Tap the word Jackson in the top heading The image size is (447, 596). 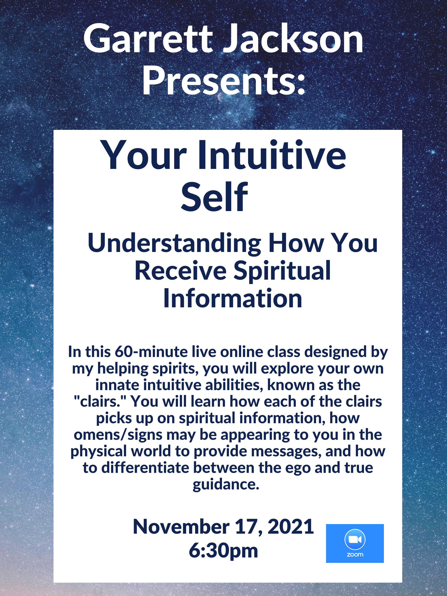pos(293,39)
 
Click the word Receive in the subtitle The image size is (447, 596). pos(181,271)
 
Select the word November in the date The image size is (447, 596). pos(181,526)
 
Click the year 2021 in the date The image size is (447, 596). pos(290,526)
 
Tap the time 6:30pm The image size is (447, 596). pos(223,551)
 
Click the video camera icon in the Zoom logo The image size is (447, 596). pos(355,539)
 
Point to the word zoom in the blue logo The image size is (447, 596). pos(355,555)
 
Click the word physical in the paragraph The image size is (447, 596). pos(98,452)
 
